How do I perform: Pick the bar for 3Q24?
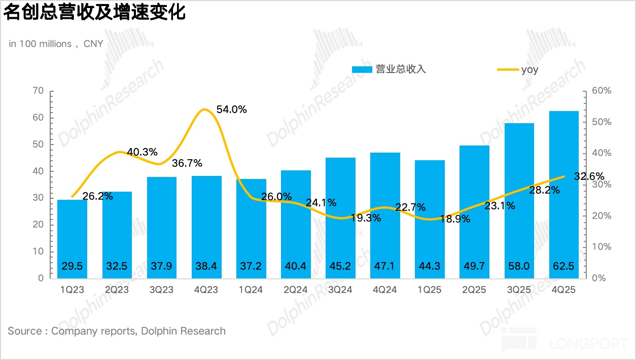[x=340, y=218]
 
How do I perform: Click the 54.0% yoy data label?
[x=231, y=110]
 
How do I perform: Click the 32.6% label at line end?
[x=589, y=177]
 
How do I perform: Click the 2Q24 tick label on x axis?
[x=296, y=290]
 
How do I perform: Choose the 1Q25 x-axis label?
[x=430, y=290]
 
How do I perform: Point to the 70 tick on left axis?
[x=38, y=91]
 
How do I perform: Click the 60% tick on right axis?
[x=602, y=91]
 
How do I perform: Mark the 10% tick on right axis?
[x=602, y=247]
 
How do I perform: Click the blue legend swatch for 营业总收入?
[x=362, y=69]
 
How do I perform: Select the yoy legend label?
[x=529, y=69]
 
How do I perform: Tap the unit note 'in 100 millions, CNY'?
[x=56, y=44]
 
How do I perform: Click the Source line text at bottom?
[x=117, y=331]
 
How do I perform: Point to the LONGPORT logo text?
[x=588, y=343]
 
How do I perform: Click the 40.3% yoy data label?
[x=142, y=152]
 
